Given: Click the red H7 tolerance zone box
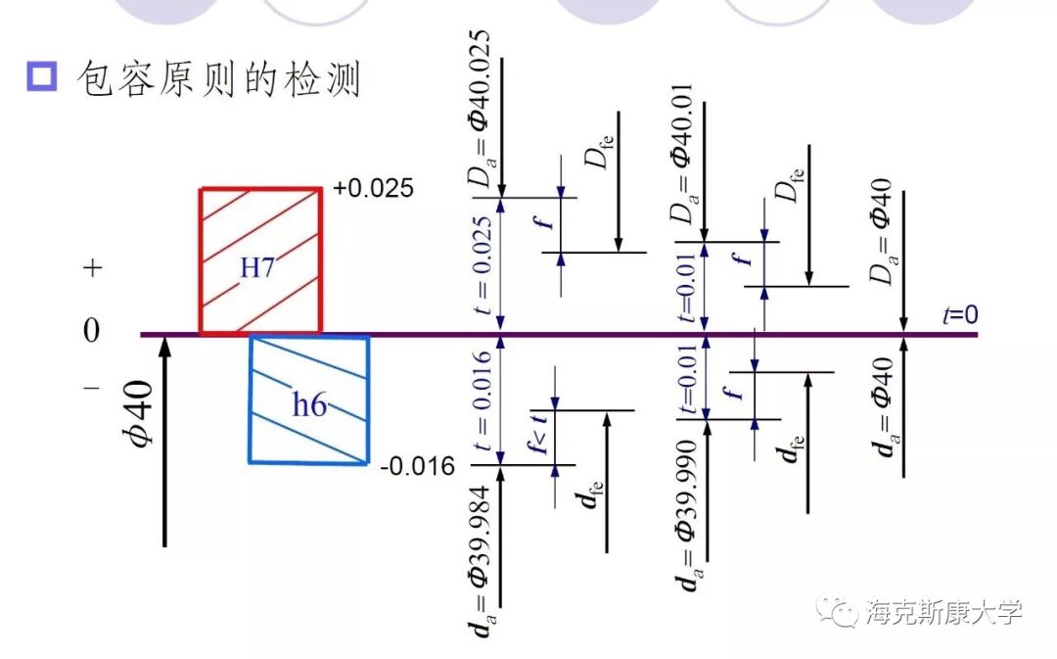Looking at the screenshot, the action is click(259, 261).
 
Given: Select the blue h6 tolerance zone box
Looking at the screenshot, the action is click(309, 400).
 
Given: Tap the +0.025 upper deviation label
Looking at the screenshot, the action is click(374, 188).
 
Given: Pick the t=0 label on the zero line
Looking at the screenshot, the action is click(959, 314).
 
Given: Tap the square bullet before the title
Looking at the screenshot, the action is click(43, 77).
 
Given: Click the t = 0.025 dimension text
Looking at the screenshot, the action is click(483, 263).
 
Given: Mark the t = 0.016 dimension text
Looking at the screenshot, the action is click(483, 401).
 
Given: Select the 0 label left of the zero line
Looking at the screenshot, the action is click(91, 331).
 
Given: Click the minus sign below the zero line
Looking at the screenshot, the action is click(91, 388).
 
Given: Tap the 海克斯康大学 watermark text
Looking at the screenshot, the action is click(943, 612).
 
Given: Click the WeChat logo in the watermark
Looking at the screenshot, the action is click(840, 612).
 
